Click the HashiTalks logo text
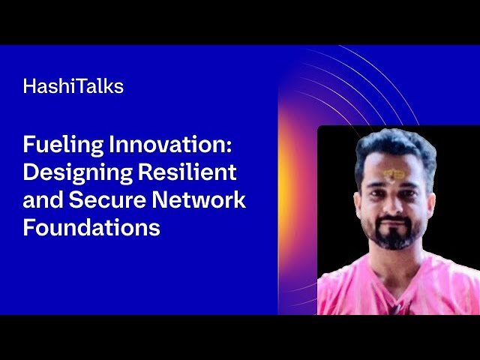tap(73, 86)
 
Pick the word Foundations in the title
tap(91, 226)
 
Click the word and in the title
tap(39, 199)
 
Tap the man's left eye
tap(413, 187)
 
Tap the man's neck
tap(396, 259)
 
